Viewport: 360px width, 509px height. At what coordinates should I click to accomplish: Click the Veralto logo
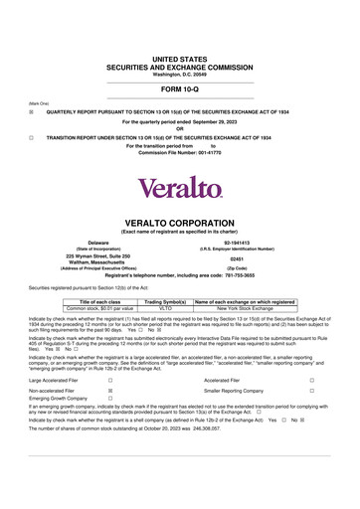click(180, 187)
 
